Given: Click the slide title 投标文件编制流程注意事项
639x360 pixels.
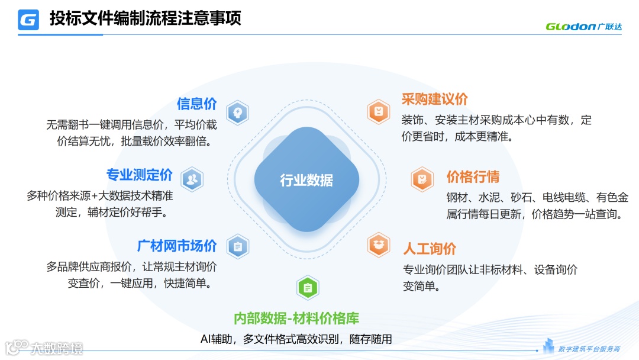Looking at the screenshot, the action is (145, 18).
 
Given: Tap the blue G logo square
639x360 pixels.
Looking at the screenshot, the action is (28, 20).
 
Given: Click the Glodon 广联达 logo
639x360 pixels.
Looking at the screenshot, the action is (583, 26).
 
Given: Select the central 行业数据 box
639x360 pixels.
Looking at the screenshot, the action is (306, 180).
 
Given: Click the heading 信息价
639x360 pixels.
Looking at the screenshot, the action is (197, 104).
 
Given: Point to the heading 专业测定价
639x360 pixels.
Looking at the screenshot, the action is (140, 175).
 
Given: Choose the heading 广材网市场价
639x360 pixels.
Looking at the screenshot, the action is (177, 245).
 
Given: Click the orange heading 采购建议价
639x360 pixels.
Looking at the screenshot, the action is (435, 99).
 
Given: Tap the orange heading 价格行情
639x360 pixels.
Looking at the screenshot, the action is (473, 176).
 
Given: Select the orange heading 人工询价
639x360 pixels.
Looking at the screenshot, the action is (430, 249).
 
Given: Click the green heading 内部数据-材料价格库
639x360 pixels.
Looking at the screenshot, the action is (296, 319).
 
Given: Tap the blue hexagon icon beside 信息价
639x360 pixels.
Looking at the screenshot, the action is (238, 112).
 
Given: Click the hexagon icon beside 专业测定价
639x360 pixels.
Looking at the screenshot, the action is (192, 179).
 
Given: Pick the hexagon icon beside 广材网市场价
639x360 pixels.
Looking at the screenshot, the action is (237, 246).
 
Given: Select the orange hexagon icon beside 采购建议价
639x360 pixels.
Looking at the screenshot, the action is (378, 111).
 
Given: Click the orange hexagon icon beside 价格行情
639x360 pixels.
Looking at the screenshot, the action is (422, 179).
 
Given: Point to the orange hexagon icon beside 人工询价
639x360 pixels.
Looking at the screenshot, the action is (378, 245).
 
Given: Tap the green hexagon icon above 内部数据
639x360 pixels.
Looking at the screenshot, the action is (308, 288).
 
